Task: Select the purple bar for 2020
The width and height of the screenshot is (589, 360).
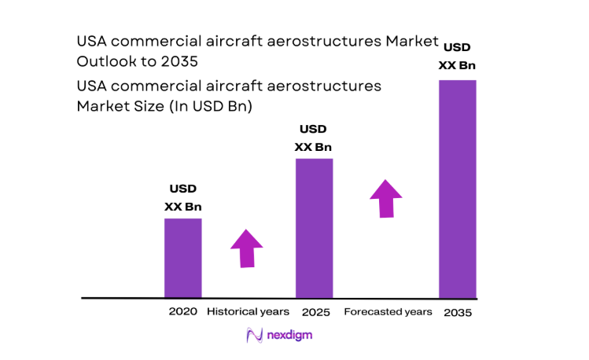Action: [182, 258]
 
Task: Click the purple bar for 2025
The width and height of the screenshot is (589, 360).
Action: [314, 228]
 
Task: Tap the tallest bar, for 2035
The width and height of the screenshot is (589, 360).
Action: [457, 189]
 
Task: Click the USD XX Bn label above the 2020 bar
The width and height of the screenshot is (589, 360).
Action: [182, 198]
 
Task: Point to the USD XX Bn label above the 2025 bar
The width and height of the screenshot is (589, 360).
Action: [313, 138]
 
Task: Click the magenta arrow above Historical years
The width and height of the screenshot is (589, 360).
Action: [247, 248]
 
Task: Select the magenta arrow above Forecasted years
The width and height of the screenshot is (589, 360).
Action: [386, 199]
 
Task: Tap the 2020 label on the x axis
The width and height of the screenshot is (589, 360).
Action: [182, 311]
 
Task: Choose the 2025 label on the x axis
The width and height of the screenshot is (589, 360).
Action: [314, 311]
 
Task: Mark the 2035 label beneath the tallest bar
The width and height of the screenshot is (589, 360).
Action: [457, 312]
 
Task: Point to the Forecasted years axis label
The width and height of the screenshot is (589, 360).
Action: [388, 311]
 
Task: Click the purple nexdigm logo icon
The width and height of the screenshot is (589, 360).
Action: [255, 336]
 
